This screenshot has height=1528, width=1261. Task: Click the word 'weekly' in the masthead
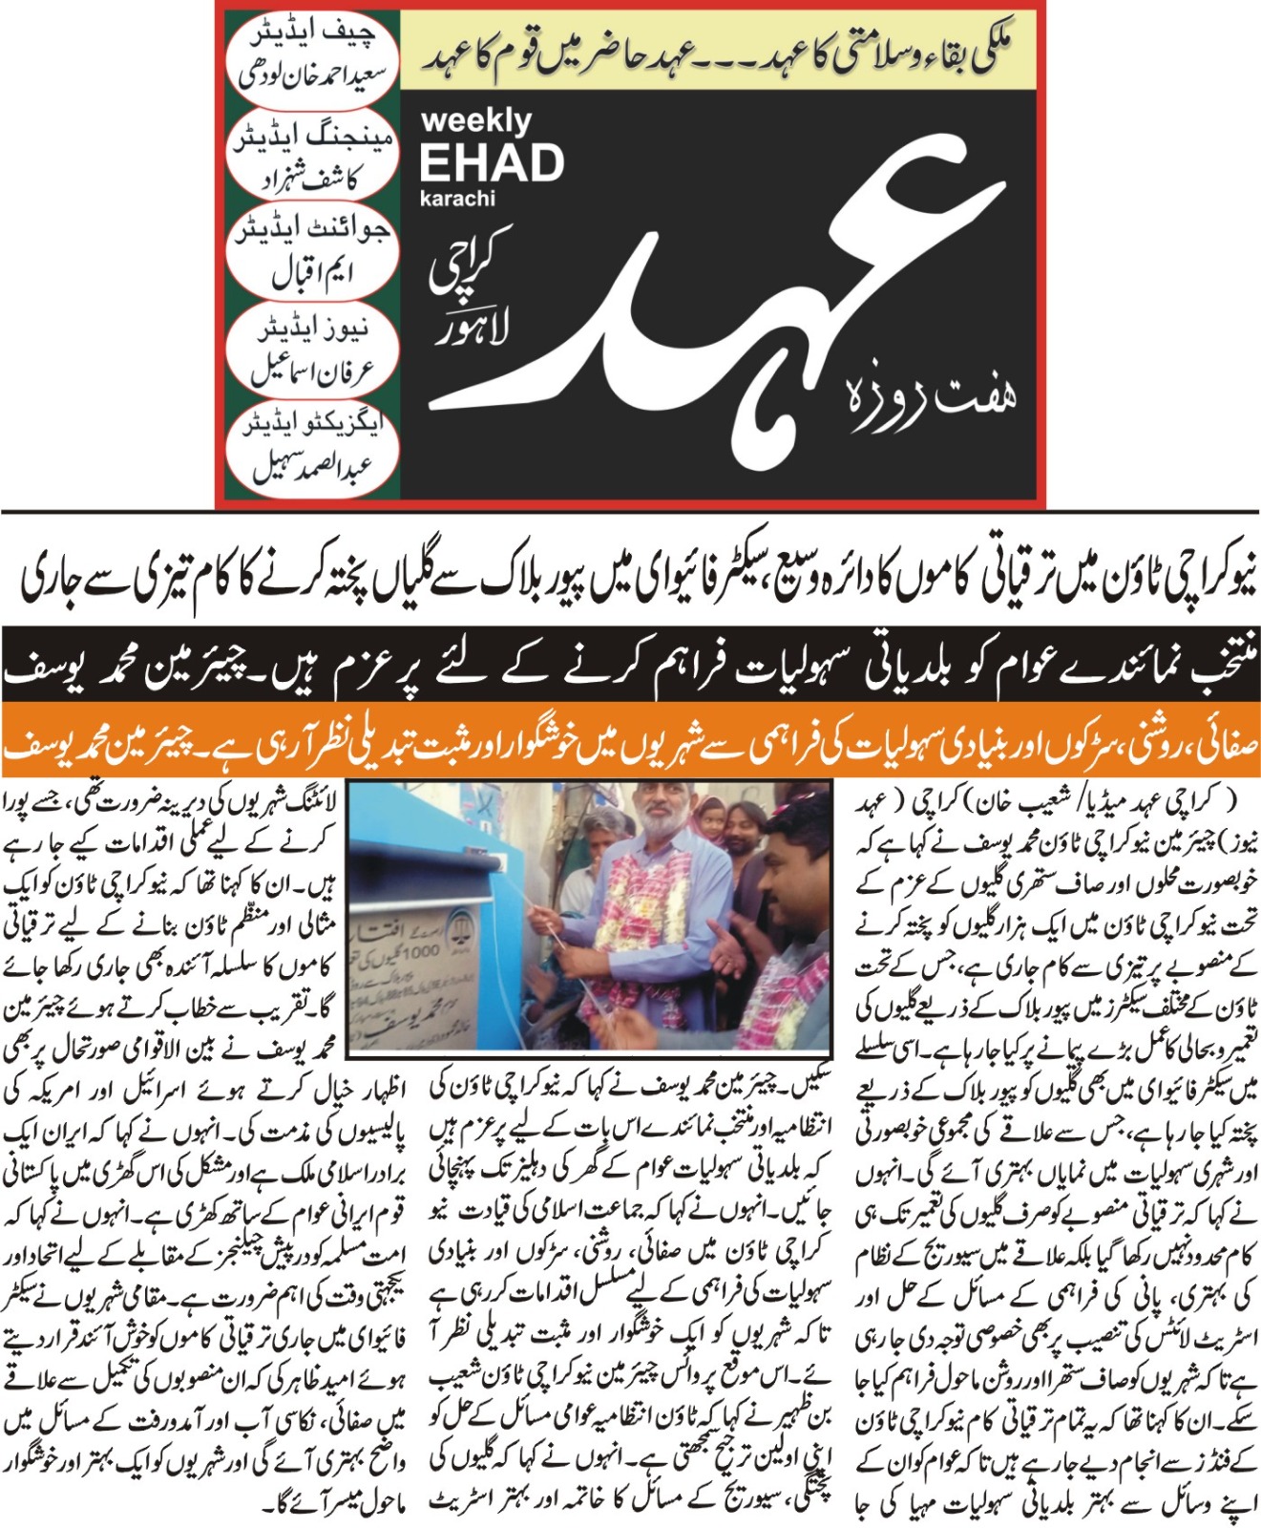click(475, 121)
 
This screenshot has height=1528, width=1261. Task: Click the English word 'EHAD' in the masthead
click(492, 163)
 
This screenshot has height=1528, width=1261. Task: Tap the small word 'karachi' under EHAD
click(457, 200)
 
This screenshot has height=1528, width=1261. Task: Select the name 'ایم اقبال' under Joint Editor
click(313, 275)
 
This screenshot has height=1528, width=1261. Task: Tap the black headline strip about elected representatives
click(630, 672)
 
